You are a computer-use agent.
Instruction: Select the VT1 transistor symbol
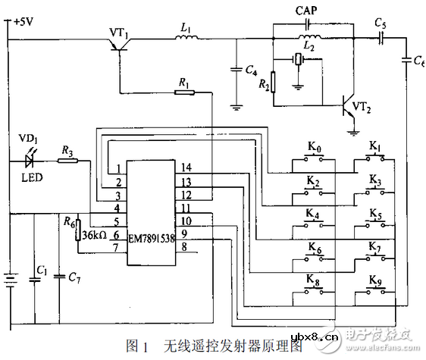(117, 46)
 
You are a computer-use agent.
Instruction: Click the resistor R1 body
(183, 92)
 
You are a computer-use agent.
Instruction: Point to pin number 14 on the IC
(186, 167)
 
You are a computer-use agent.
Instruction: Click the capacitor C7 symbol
(61, 277)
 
